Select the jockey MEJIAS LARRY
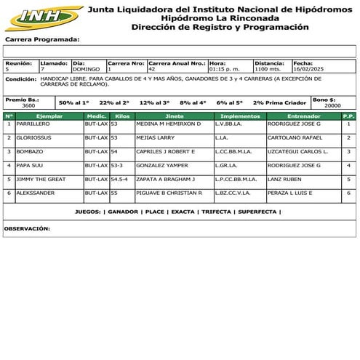pos(156,137)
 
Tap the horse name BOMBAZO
pos(28,151)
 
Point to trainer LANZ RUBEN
pos(284,179)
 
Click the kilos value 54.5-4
pos(119,179)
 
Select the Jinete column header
pos(175,116)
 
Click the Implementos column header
pos(239,116)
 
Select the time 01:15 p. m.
pos(224,69)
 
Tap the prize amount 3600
pos(28,105)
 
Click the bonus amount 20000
pos(332,105)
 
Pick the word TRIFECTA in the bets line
pos(217,212)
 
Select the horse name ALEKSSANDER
pos(36,193)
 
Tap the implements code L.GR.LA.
pos(228,165)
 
